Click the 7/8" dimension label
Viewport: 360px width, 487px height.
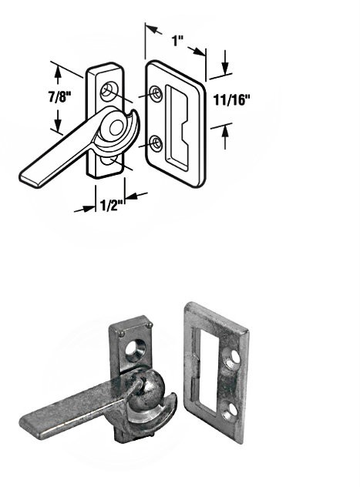point(60,97)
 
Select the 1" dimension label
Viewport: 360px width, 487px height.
point(177,40)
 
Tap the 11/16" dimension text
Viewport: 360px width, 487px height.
point(232,100)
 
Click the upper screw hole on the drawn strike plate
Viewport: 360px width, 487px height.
point(156,92)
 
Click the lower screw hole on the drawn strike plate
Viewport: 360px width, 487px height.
point(156,143)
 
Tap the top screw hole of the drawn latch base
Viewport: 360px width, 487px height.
point(109,90)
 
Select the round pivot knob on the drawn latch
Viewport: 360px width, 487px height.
point(116,128)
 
